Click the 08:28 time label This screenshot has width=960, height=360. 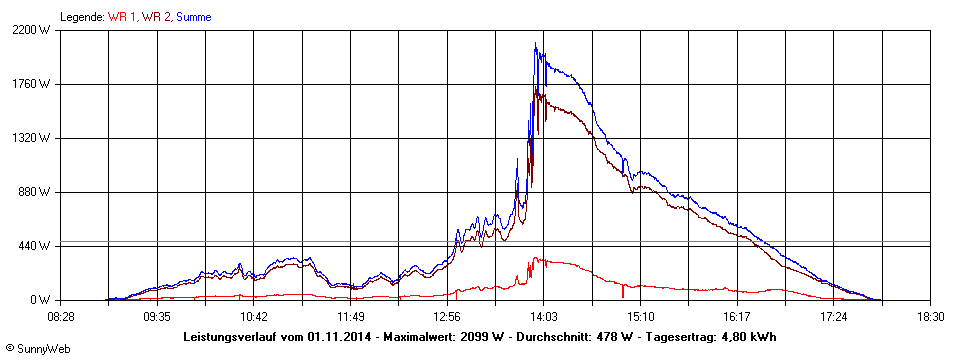tap(61, 316)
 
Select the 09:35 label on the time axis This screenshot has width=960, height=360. tap(157, 316)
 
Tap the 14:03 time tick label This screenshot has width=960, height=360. tap(543, 316)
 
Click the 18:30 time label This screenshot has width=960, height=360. tap(930, 316)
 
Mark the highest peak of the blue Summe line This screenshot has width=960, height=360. tap(535, 44)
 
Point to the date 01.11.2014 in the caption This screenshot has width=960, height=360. tap(340, 336)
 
